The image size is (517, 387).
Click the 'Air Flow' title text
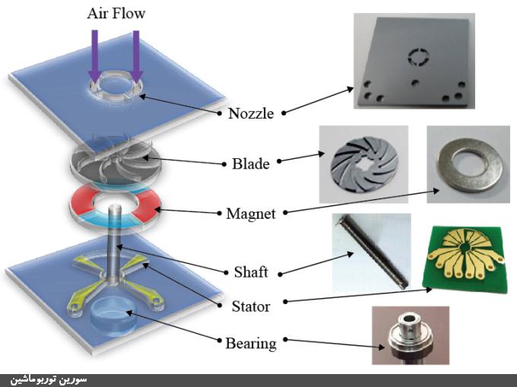coord(115,13)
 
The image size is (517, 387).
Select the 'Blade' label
coord(251,163)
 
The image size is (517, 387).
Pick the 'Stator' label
coord(251,307)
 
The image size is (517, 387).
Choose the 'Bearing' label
coord(251,343)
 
